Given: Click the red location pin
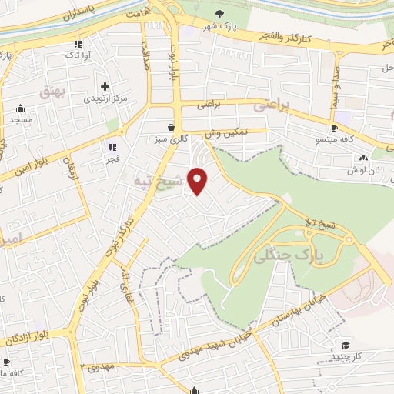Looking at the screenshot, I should pyautogui.click(x=199, y=182).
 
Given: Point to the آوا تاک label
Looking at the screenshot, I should pyautogui.click(x=79, y=55).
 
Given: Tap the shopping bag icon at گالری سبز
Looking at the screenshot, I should pyautogui.click(x=170, y=127).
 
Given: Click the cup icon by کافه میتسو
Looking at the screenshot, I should pyautogui.click(x=334, y=128).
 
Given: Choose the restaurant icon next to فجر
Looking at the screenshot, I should pyautogui.click(x=112, y=146).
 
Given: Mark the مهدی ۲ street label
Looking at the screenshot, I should pyautogui.click(x=97, y=366).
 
